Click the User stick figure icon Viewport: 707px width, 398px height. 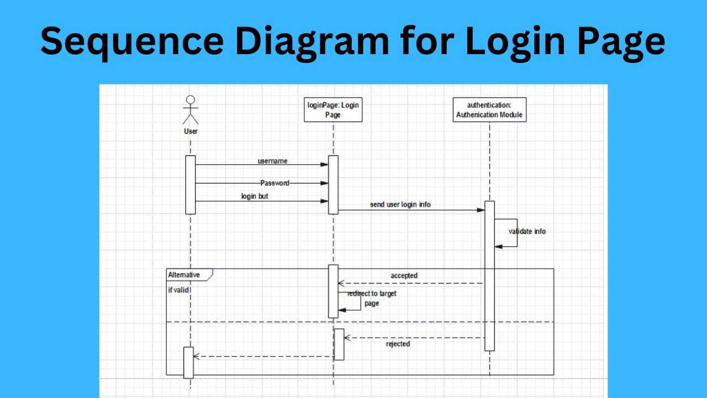pos(190,110)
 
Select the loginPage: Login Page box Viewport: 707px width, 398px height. pos(333,109)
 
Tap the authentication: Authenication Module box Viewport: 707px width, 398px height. pos(489,109)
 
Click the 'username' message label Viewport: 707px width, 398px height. pos(272,161)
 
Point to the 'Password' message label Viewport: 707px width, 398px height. pos(275,183)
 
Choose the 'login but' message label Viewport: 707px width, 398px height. pos(255,196)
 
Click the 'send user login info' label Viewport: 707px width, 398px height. pos(400,205)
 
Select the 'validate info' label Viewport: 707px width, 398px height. pos(527,232)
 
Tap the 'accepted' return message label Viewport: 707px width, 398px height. pos(404,275)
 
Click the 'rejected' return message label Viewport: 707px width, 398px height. pos(398,344)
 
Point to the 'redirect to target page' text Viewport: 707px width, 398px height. pos(372,298)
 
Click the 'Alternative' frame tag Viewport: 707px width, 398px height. pos(184,275)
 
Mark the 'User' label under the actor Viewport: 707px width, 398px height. pos(191,132)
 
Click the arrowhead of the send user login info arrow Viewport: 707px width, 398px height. pos(481,210)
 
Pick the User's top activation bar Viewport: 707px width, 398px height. pos(191,184)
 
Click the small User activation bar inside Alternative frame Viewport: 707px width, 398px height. pos(188,362)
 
